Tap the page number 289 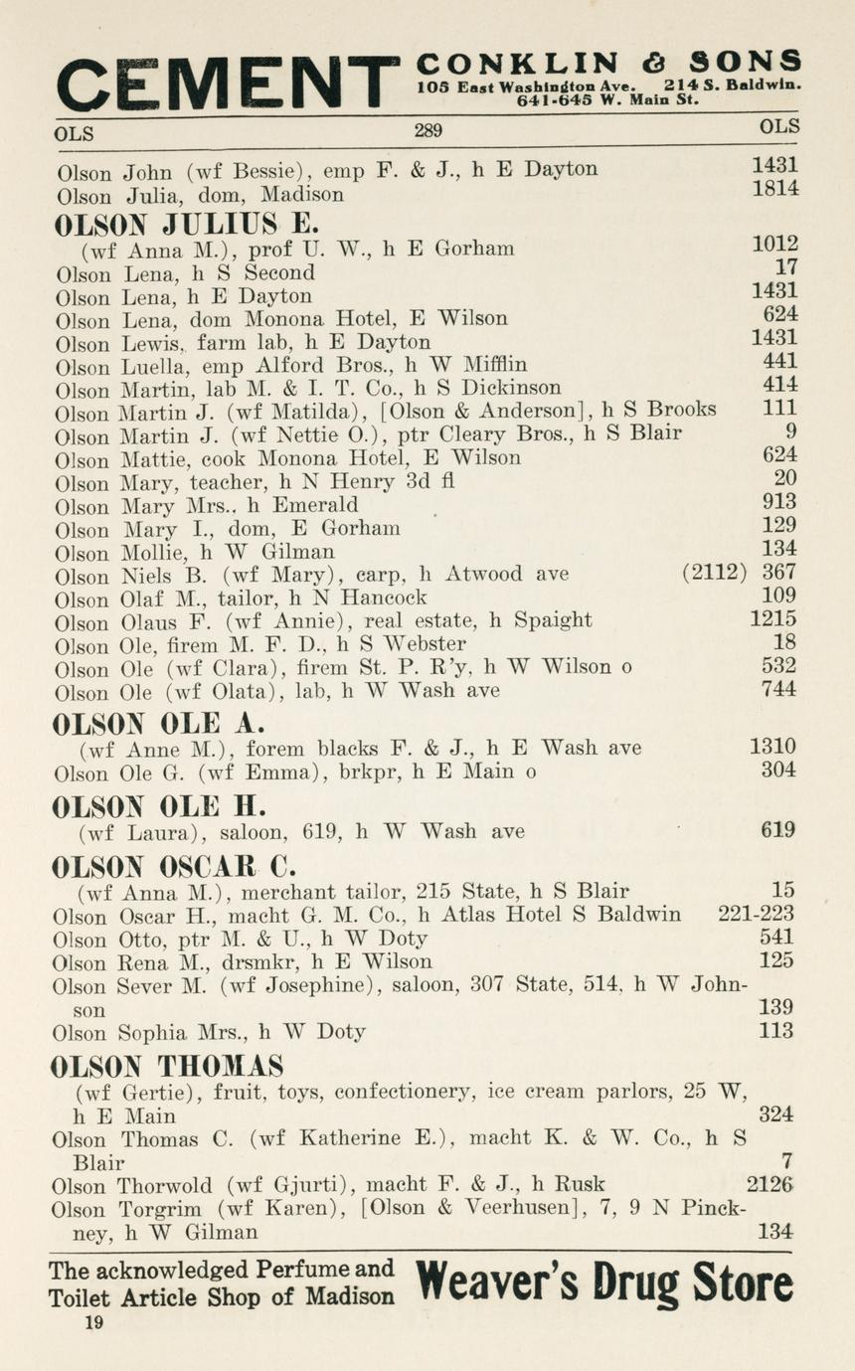(x=427, y=130)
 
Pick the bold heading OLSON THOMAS (x=167, y=1067)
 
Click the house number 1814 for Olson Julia (x=775, y=189)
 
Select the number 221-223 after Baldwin (x=756, y=914)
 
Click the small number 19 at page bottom (x=93, y=1322)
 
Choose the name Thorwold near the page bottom (x=166, y=1185)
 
